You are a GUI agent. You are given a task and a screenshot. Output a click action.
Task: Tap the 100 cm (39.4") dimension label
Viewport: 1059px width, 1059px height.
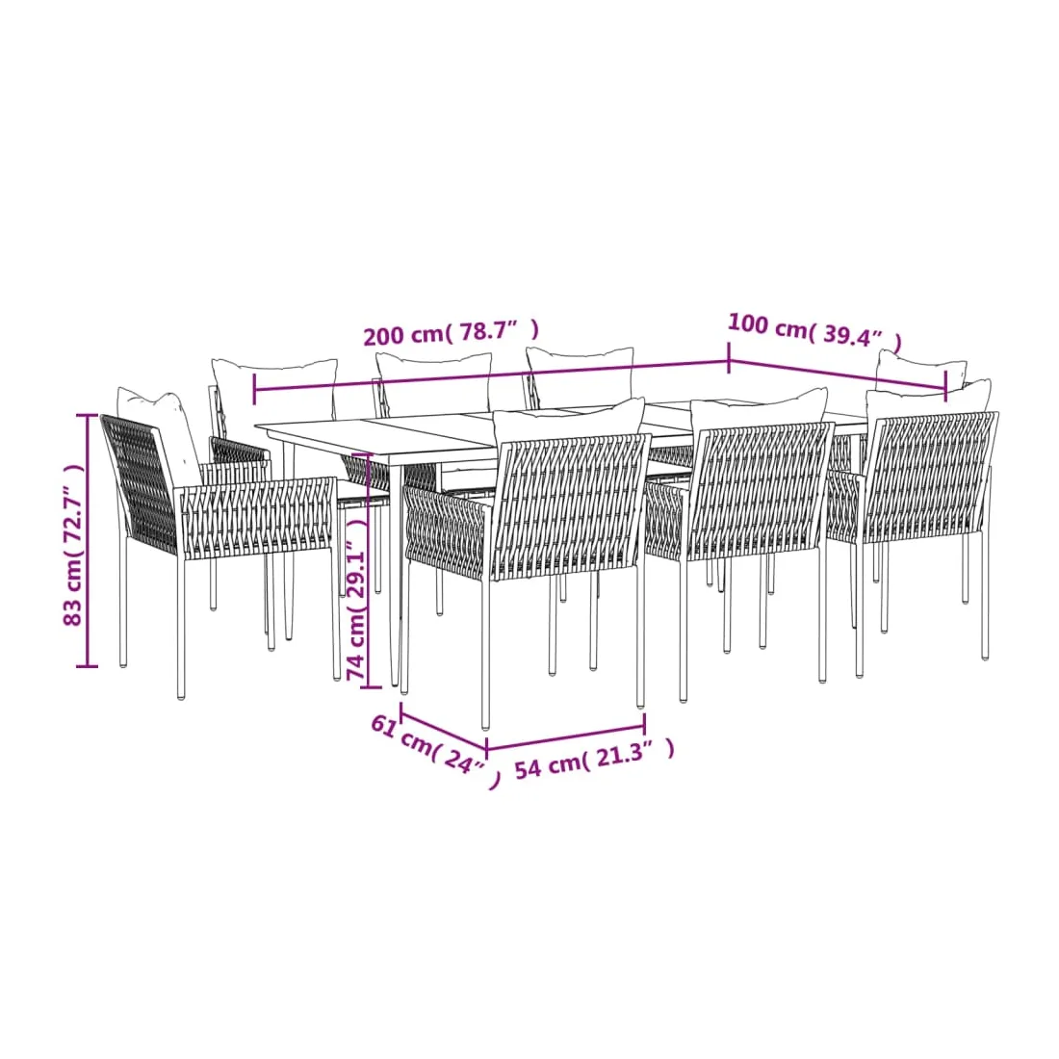(814, 331)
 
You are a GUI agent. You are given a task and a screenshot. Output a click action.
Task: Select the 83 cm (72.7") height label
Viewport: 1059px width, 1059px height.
(73, 544)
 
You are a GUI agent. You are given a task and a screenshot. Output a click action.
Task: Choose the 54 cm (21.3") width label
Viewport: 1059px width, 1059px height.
(594, 760)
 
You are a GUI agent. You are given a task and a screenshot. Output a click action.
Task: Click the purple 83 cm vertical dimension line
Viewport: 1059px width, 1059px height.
(88, 540)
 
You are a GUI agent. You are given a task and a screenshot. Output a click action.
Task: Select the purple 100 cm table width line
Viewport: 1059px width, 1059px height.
(838, 375)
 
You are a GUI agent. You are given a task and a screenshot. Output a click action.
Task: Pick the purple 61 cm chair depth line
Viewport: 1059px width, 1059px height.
(444, 728)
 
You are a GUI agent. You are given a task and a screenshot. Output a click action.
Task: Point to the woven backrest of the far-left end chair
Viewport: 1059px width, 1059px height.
(140, 484)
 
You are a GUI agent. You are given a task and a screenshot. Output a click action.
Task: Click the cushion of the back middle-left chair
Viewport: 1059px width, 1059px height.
(433, 383)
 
